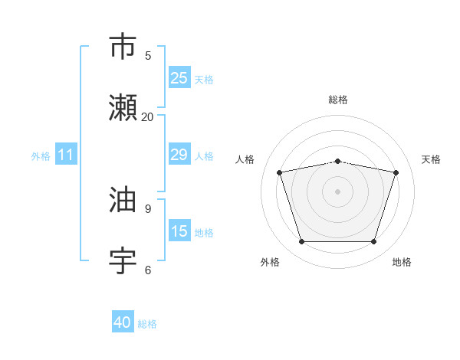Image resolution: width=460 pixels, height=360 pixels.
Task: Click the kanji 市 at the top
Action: pyautogui.click(x=123, y=47)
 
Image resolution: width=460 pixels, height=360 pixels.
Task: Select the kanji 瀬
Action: pyautogui.click(x=123, y=109)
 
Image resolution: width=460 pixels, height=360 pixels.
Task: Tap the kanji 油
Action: pyautogui.click(x=123, y=201)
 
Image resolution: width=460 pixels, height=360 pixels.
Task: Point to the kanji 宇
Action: pyautogui.click(x=123, y=262)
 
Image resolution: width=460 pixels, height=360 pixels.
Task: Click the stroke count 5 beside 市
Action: pyautogui.click(x=148, y=55)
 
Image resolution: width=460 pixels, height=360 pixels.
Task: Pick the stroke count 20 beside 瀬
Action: pyautogui.click(x=147, y=116)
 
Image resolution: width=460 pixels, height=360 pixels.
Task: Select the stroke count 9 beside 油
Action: pyautogui.click(x=148, y=208)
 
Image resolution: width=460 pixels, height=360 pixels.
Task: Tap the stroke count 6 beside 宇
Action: pyautogui.click(x=148, y=270)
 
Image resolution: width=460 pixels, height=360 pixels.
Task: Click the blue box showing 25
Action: pyautogui.click(x=179, y=77)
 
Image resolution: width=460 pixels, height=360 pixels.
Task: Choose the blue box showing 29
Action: pyautogui.click(x=179, y=155)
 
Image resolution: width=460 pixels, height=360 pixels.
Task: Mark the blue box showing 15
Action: pyautogui.click(x=179, y=231)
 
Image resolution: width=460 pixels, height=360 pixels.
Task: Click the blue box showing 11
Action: pyautogui.click(x=66, y=155)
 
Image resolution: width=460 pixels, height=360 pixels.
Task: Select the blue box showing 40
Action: pyautogui.click(x=123, y=322)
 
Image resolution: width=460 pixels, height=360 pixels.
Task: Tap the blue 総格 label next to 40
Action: pyautogui.click(x=147, y=324)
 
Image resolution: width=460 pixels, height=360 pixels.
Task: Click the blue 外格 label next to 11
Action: pyautogui.click(x=41, y=156)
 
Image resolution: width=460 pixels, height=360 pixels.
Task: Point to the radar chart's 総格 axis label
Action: pyautogui.click(x=338, y=100)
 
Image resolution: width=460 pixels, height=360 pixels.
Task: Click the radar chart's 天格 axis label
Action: pyautogui.click(x=432, y=159)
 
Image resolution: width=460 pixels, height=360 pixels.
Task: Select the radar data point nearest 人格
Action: pyautogui.click(x=280, y=172)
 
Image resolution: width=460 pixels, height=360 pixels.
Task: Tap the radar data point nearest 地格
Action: pyautogui.click(x=373, y=241)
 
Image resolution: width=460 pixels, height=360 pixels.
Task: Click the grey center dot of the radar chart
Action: pyautogui.click(x=338, y=191)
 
